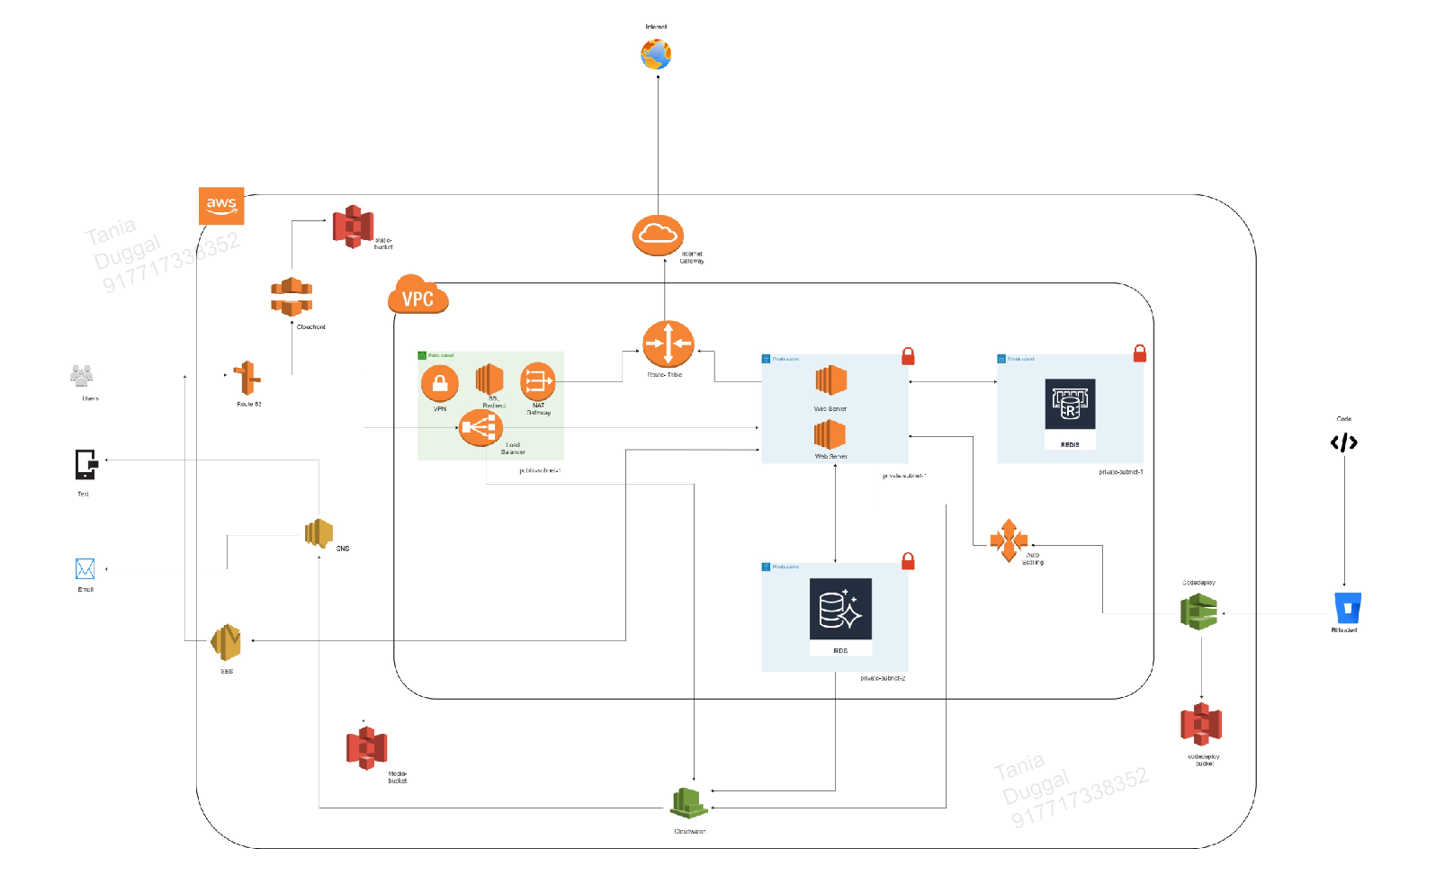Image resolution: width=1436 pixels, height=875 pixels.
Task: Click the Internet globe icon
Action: point(656,54)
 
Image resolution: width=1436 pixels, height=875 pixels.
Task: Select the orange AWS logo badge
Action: point(221,206)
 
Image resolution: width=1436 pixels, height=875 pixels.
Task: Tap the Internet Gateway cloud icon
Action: point(658,235)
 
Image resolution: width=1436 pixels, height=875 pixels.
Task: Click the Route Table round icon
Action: point(668,344)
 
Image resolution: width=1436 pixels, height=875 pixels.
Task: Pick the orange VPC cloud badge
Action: point(417,296)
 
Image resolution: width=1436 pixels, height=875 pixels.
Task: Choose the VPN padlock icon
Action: point(440,384)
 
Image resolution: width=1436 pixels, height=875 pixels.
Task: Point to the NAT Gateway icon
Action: point(537,381)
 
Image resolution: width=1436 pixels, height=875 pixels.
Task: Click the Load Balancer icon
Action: point(480,428)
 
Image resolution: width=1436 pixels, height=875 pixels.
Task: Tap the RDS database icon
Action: point(840,609)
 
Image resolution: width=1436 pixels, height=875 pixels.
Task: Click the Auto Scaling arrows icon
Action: point(1009,540)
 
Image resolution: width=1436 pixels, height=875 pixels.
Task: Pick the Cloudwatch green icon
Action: point(689,802)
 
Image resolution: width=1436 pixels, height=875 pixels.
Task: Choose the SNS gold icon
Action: point(319,533)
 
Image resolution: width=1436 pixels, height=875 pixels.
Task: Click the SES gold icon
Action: point(226,642)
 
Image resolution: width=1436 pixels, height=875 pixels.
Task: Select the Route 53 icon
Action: point(247,379)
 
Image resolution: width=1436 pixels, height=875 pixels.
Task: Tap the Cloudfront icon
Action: point(292,297)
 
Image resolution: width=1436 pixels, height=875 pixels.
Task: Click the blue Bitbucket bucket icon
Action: point(1347,609)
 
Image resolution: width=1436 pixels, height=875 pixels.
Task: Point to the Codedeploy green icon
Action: point(1198,612)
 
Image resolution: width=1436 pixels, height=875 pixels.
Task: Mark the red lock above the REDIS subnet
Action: point(1139,353)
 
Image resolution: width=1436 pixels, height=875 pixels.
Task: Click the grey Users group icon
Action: point(82,376)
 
